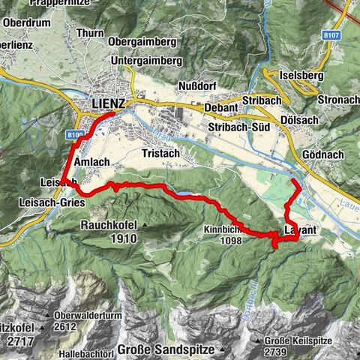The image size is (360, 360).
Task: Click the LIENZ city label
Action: click(108, 102)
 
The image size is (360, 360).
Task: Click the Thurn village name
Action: click(90, 34)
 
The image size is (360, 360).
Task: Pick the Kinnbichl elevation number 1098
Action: click(231, 241)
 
